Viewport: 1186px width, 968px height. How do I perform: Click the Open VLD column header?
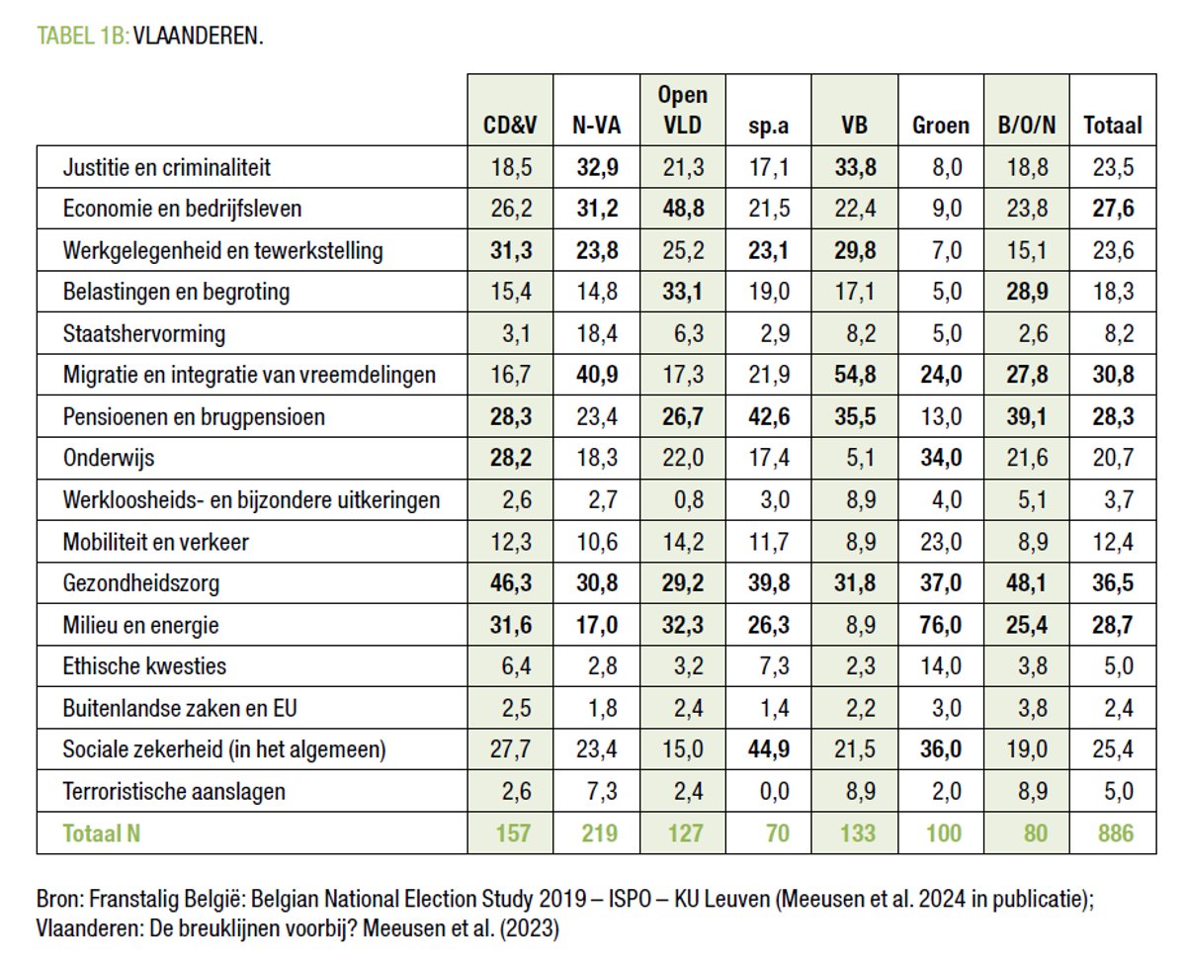[x=683, y=110]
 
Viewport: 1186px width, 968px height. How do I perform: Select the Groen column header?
[x=941, y=126]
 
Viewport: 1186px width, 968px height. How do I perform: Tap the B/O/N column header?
[x=1027, y=126]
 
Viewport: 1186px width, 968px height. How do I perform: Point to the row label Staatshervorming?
[x=143, y=334]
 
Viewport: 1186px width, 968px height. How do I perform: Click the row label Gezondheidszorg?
[x=140, y=583]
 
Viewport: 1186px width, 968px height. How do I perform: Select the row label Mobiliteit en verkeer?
[x=155, y=542]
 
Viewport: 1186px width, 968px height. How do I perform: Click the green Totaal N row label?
[x=101, y=833]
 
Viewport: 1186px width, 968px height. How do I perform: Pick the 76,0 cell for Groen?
[x=941, y=625]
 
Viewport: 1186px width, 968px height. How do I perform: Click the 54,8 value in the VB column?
[x=855, y=376]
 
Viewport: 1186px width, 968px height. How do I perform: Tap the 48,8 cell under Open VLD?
[x=683, y=210]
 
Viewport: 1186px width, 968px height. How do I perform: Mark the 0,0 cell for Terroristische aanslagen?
[x=769, y=791]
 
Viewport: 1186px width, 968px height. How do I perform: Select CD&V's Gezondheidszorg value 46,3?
[x=511, y=583]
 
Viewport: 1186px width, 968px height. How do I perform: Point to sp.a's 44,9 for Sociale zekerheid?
[x=769, y=749]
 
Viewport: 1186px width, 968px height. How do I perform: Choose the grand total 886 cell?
[x=1113, y=833]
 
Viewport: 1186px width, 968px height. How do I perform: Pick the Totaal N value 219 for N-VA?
[x=597, y=833]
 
